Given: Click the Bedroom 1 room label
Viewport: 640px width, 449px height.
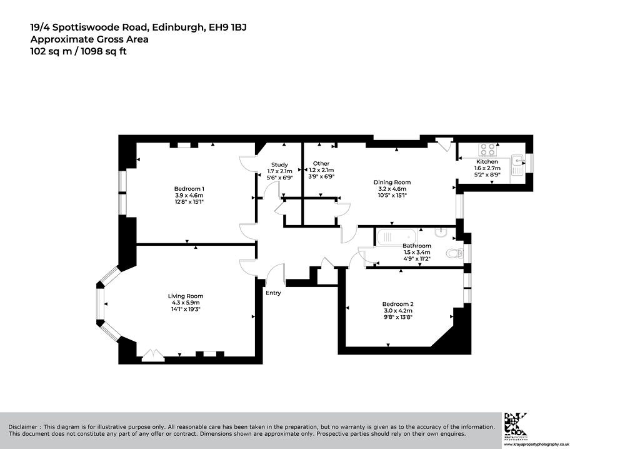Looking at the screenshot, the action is tap(189, 189).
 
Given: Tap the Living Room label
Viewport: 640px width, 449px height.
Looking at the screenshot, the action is tap(186, 296).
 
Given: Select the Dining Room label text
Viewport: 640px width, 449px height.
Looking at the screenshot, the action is tap(392, 182).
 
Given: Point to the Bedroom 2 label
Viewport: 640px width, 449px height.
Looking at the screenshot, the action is tap(398, 304).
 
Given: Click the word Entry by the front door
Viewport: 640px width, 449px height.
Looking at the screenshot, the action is tap(274, 293).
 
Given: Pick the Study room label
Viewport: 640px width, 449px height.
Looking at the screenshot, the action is tap(279, 164).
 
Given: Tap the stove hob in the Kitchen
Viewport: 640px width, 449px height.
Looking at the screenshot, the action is tap(487, 149).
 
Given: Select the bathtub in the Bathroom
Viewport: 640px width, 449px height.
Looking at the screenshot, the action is tap(397, 237).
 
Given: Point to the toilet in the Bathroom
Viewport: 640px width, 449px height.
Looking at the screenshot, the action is tap(455, 254).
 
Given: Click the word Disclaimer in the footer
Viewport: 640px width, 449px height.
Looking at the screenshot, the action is tap(24, 427).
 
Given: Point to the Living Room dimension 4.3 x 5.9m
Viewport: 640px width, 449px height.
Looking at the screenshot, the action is tap(186, 303).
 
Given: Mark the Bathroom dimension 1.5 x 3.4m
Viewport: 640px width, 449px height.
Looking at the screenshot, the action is tap(417, 253).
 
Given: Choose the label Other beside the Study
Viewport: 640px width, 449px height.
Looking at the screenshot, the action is tap(322, 163).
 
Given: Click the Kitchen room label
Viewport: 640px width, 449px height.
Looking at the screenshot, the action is tap(487, 162).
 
